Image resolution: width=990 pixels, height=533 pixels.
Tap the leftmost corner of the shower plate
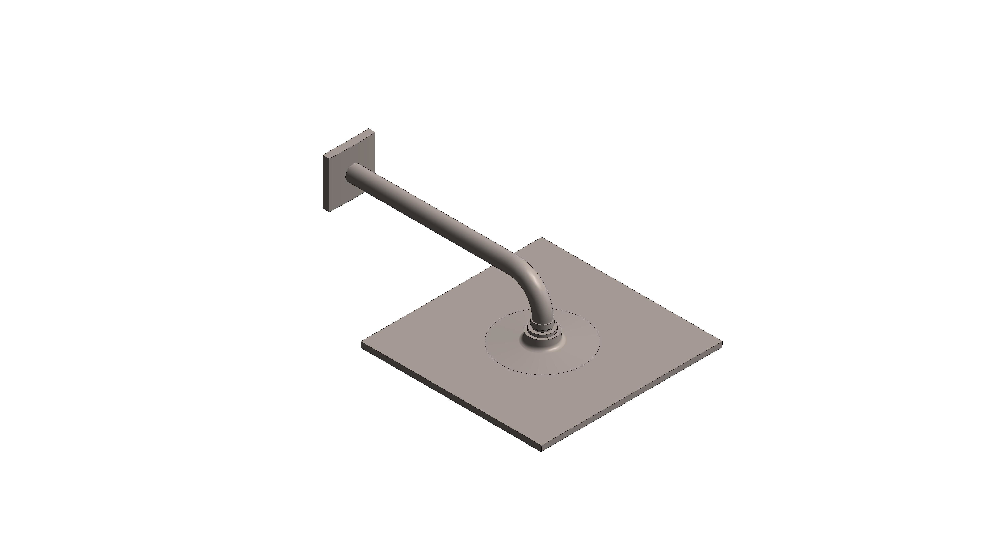362,343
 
